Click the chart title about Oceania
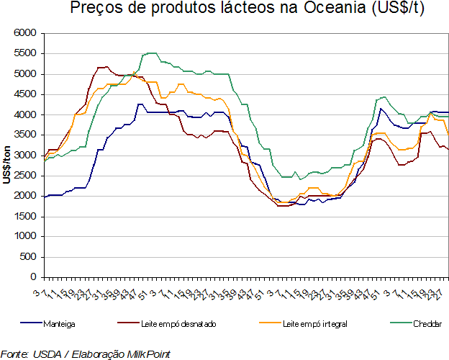236,10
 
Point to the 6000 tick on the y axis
24,34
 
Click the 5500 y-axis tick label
24,54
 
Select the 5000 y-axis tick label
24,74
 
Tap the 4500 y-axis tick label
24,94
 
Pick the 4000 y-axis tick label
24,114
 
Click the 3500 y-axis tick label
24,135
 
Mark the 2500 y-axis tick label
24,176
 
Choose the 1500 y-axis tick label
24,216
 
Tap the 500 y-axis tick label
27,256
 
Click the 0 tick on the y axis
32,276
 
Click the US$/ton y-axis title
6,155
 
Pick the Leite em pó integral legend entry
314,324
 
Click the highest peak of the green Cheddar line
150,53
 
